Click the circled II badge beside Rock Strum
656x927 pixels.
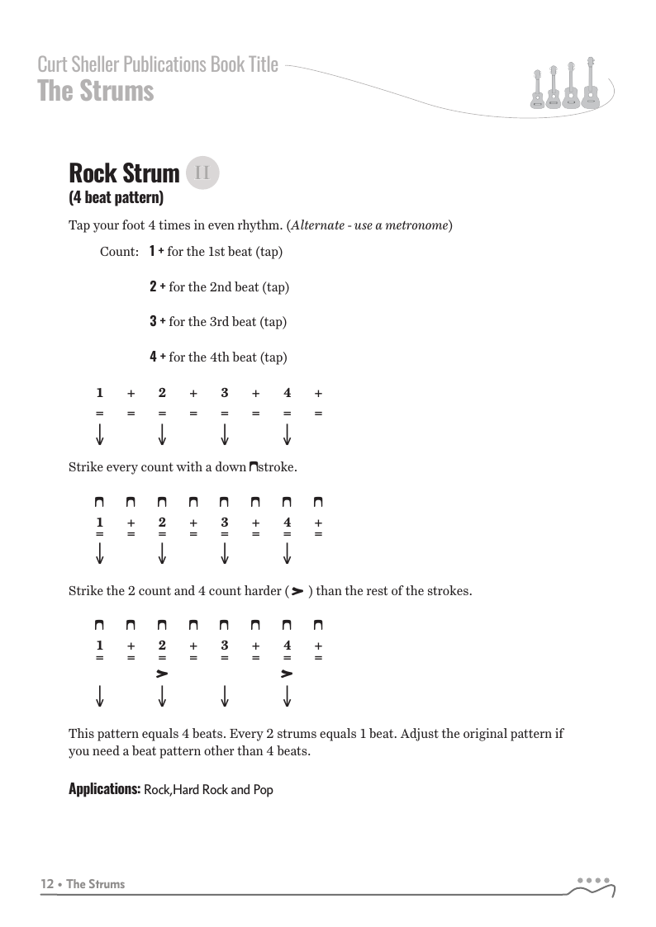tap(203, 173)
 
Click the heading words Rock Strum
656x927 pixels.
tap(124, 173)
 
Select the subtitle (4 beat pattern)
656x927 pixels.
tap(116, 197)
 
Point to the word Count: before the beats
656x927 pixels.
tap(118, 252)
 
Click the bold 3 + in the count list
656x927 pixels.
tap(157, 321)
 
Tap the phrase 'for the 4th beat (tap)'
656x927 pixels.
tap(228, 357)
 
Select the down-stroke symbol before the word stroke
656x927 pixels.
tap(253, 467)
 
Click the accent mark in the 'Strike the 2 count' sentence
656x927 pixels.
tap(297, 590)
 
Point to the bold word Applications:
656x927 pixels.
tap(104, 789)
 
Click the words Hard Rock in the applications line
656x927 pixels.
tap(202, 790)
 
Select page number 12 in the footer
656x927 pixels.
tap(47, 884)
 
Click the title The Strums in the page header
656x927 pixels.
tap(96, 91)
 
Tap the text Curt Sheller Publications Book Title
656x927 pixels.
tap(158, 64)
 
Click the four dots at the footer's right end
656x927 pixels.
tap(593, 879)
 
